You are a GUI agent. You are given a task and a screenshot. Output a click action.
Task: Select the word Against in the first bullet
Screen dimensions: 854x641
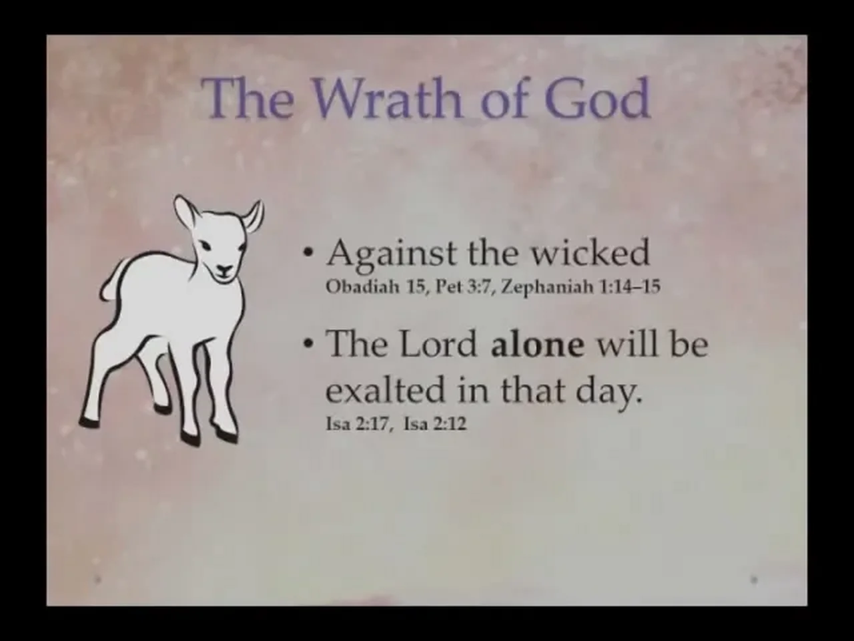[391, 254]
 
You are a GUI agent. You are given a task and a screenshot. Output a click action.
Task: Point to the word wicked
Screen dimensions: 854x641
[590, 252]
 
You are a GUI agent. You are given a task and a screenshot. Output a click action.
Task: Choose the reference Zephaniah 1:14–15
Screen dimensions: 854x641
[580, 287]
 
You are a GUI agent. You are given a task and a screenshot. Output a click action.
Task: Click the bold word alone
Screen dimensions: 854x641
[537, 344]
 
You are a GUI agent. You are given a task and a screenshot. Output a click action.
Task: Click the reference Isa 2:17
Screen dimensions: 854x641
[358, 424]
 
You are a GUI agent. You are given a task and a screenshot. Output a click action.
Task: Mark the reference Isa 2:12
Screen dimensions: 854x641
[435, 424]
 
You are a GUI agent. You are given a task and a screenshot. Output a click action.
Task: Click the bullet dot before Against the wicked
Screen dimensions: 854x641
[308, 253]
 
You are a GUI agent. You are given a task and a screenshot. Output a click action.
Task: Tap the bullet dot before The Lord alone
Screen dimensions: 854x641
[308, 344]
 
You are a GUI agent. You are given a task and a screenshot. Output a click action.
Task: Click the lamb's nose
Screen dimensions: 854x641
[224, 268]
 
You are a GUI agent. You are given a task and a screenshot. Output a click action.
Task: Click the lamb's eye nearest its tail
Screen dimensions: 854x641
[205, 244]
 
